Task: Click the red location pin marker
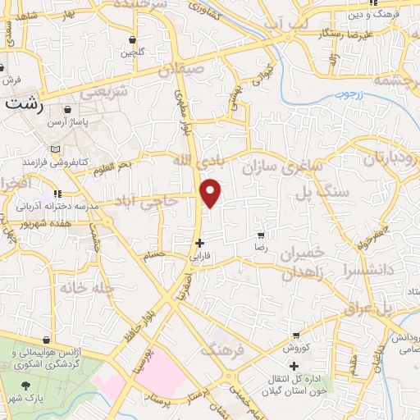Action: [212, 193]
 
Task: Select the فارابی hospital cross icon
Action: [199, 243]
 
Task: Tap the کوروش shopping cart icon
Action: [294, 336]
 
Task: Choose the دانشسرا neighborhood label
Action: [374, 267]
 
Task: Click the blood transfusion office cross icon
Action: [293, 365]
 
